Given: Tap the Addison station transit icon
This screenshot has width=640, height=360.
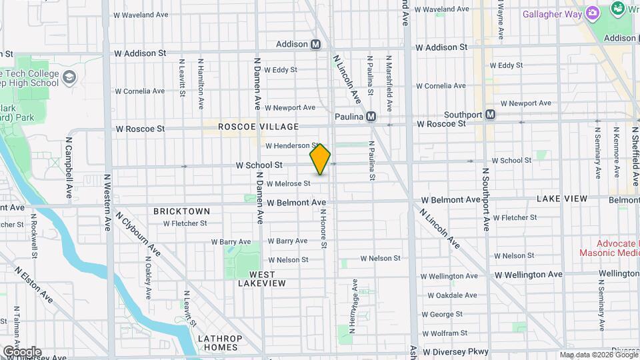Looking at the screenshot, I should (x=316, y=45).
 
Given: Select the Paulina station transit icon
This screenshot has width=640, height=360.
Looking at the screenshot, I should (x=371, y=117).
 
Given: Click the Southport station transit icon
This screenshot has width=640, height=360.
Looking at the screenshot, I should (x=491, y=115).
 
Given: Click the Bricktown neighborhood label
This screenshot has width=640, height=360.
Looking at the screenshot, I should (x=181, y=211).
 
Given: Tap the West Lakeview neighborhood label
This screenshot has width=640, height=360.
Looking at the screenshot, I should (x=262, y=279).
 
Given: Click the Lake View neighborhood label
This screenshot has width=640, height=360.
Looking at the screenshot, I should (x=562, y=199).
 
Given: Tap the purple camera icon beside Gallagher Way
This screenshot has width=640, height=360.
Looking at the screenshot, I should (x=592, y=13).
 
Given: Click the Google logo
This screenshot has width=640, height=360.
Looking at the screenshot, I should (x=21, y=351).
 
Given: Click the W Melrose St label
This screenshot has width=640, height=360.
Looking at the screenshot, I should (x=288, y=183).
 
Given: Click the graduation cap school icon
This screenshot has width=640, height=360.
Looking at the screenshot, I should (x=69, y=79).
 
